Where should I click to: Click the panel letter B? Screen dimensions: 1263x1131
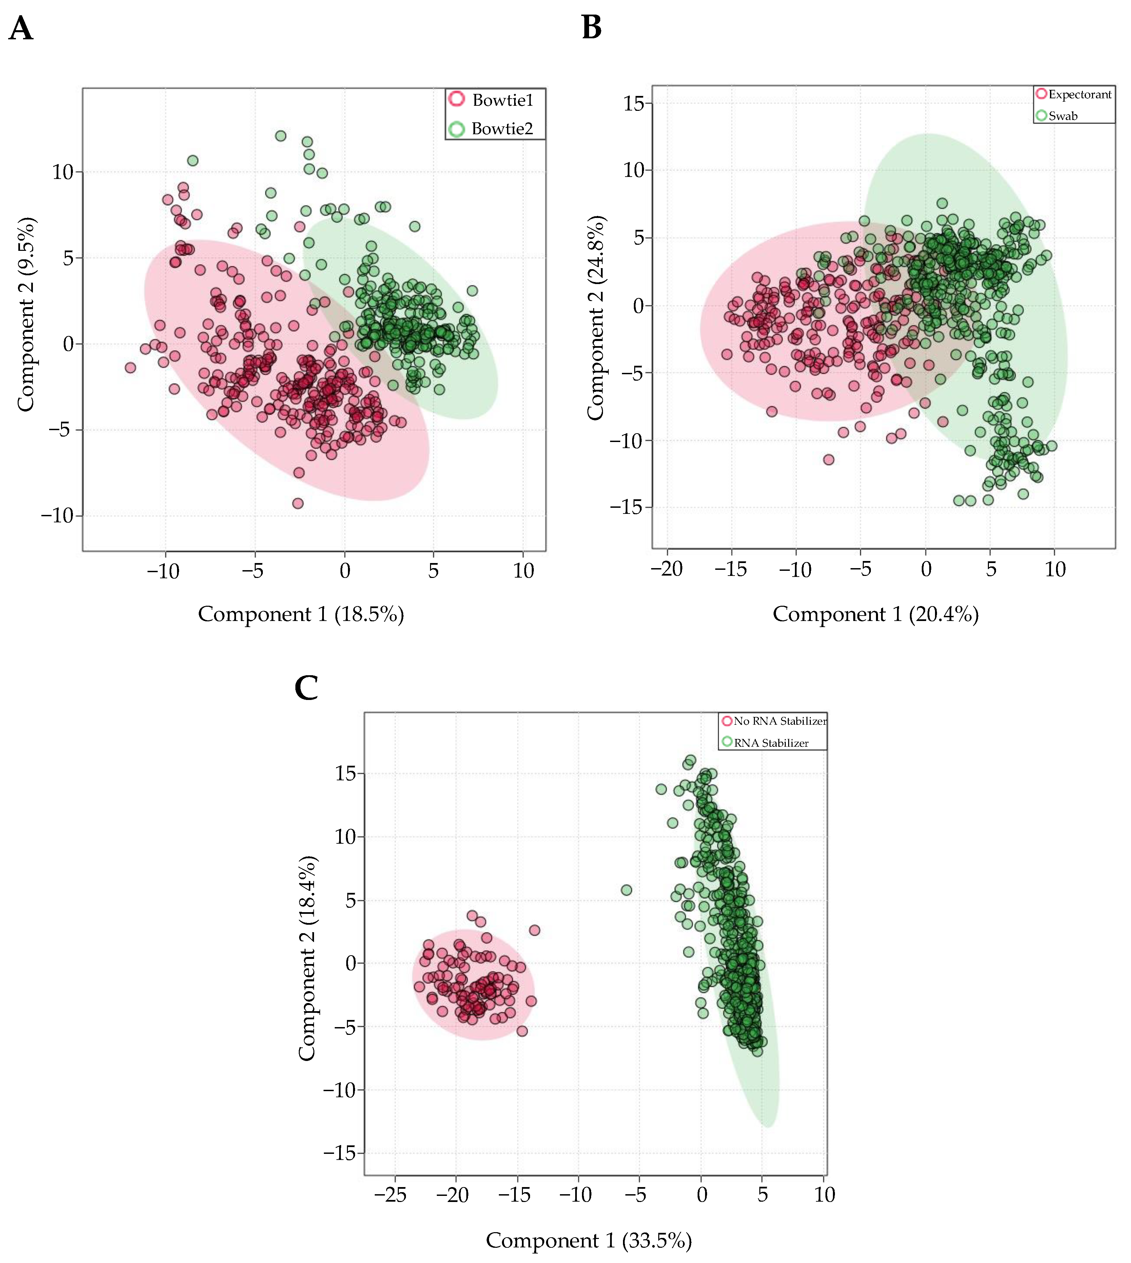click(x=591, y=28)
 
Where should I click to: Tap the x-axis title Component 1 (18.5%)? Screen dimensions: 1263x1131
click(x=301, y=615)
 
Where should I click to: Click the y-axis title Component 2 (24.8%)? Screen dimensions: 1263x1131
click(x=595, y=318)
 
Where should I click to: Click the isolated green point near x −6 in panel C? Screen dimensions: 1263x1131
click(x=626, y=890)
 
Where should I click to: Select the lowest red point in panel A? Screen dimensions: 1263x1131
click(x=298, y=503)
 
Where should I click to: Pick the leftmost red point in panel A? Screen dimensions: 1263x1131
click(x=130, y=368)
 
